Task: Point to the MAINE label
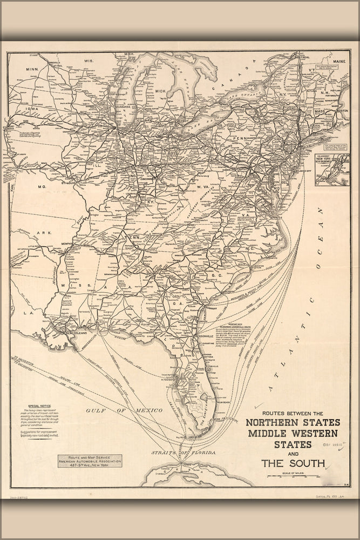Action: point(338,62)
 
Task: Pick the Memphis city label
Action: point(67,244)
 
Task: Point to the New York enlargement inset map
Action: point(332,170)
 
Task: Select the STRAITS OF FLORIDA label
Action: point(175,451)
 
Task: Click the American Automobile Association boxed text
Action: point(90,461)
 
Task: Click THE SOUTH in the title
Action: point(293,463)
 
